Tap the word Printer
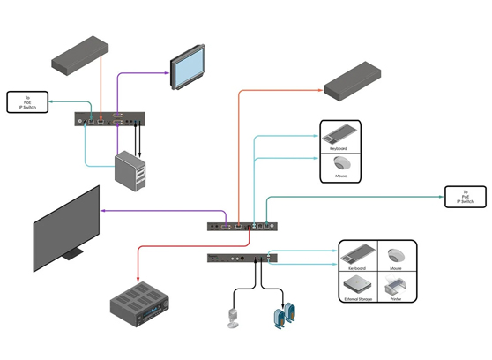click(x=395, y=299)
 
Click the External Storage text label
click(x=357, y=299)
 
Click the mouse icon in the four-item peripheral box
click(x=395, y=255)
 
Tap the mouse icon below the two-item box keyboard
click(x=339, y=164)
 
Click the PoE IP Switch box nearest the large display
click(x=28, y=102)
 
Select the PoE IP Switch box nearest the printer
click(x=466, y=197)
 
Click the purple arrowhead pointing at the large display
click(x=104, y=211)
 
